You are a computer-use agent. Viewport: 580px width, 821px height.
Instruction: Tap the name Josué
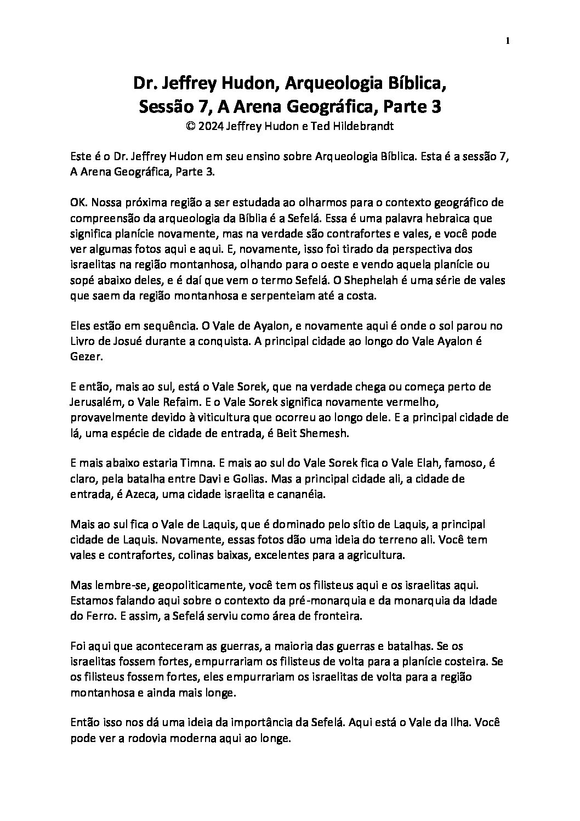coord(128,341)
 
